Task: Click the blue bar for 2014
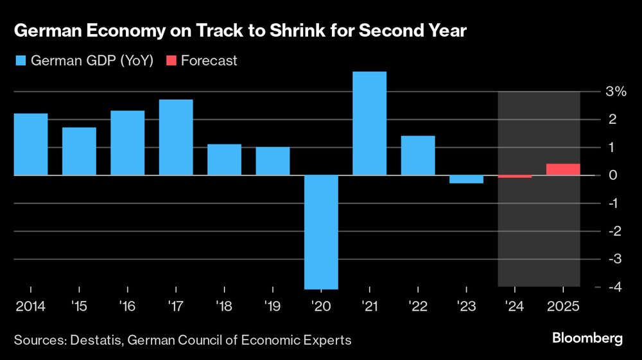pyautogui.click(x=31, y=144)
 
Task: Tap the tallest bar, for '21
pyautogui.click(x=369, y=123)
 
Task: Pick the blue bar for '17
pyautogui.click(x=176, y=137)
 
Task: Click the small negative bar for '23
pyautogui.click(x=466, y=179)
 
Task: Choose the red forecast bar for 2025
pyautogui.click(x=563, y=169)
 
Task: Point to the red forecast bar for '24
pyautogui.click(x=515, y=176)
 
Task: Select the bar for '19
pyautogui.click(x=272, y=161)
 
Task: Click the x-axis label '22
pyautogui.click(x=418, y=307)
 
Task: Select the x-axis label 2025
pyautogui.click(x=563, y=307)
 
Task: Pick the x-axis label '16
pyautogui.click(x=127, y=307)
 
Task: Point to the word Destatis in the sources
pyautogui.click(x=96, y=340)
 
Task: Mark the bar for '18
pyautogui.click(x=224, y=160)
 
